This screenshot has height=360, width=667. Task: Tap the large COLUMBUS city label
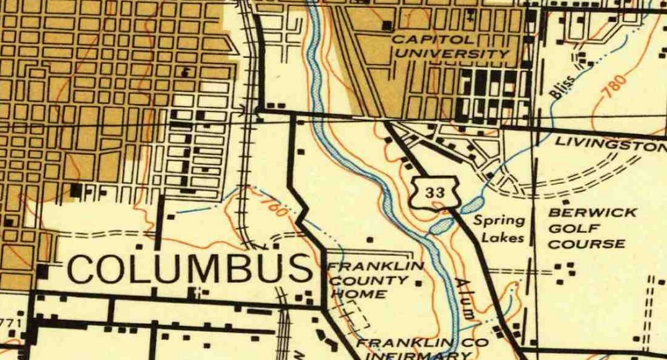(x=189, y=270)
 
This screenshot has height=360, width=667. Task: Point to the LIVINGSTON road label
(x=610, y=143)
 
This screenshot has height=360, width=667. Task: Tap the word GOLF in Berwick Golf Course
(x=568, y=229)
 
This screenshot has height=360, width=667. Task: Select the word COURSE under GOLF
(x=586, y=244)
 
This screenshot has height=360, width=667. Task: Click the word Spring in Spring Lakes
(x=499, y=221)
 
